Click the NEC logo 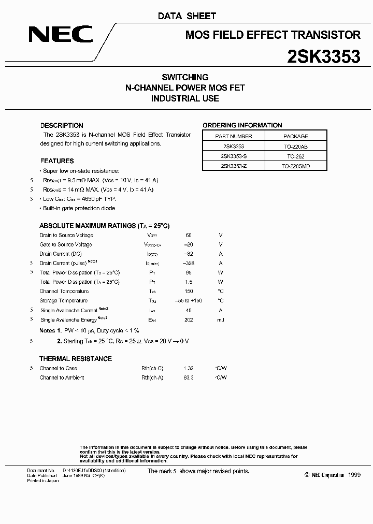(61, 35)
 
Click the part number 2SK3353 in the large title (324, 56)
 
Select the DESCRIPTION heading (62, 125)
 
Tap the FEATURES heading (57, 161)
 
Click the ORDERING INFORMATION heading (242, 125)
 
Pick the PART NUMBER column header (233, 136)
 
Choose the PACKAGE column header (296, 136)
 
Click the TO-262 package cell (296, 156)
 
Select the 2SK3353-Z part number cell (233, 166)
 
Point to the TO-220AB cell (296, 147)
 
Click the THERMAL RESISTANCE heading (76, 358)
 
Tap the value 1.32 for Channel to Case (188, 369)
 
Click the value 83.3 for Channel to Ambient (188, 378)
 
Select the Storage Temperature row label (64, 301)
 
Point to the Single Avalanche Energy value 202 (188, 319)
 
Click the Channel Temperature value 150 (188, 292)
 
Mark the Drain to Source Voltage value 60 (188, 236)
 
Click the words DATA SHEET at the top (187, 16)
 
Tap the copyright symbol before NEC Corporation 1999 (307, 475)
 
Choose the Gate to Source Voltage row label (66, 245)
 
